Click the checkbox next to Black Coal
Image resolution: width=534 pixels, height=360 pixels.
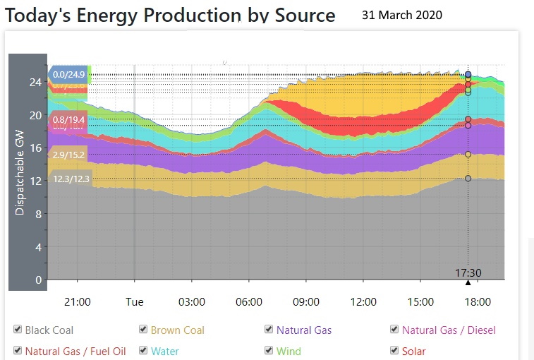point(18,330)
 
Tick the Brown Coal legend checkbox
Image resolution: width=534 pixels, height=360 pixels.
point(144,330)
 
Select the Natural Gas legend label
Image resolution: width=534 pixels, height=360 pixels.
point(304,330)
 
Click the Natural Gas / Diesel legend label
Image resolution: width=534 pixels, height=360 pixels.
point(449,330)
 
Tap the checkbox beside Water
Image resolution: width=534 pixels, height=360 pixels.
point(144,351)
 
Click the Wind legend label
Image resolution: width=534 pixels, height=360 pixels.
point(289,351)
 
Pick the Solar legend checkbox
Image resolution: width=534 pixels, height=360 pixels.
point(395,351)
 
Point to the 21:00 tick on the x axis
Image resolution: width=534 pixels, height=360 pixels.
point(78,302)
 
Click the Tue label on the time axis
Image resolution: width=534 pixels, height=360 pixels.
point(135,302)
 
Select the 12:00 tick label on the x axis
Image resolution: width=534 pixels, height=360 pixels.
point(363,302)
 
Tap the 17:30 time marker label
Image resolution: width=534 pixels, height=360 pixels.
point(468,272)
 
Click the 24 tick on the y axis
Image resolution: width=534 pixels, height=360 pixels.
point(35,82)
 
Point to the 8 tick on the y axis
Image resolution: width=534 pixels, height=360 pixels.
point(37,214)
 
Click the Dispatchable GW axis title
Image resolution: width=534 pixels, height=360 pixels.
point(20,171)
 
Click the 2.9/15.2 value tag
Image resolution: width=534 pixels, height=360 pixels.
point(68,155)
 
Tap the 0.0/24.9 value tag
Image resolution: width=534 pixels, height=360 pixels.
point(68,74)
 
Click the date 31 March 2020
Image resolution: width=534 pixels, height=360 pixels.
point(402,15)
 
